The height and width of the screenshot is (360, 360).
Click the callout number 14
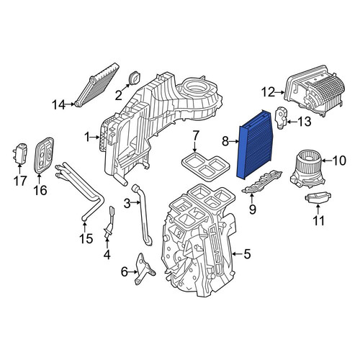58,104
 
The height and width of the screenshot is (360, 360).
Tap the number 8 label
225,142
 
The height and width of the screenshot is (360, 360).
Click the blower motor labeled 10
307,169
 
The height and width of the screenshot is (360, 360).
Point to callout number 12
268,92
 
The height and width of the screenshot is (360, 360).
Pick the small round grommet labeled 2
135,78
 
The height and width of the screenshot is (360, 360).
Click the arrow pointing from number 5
238,254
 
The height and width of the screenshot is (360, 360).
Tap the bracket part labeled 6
145,269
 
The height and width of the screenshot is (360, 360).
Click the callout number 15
86,238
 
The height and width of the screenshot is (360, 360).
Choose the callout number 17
20,181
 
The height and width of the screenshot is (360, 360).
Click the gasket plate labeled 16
44,155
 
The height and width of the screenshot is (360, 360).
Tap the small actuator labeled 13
282,117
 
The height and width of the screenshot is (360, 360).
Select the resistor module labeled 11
318,199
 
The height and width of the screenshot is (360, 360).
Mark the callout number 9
252,210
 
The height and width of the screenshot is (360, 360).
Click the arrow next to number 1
95,138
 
